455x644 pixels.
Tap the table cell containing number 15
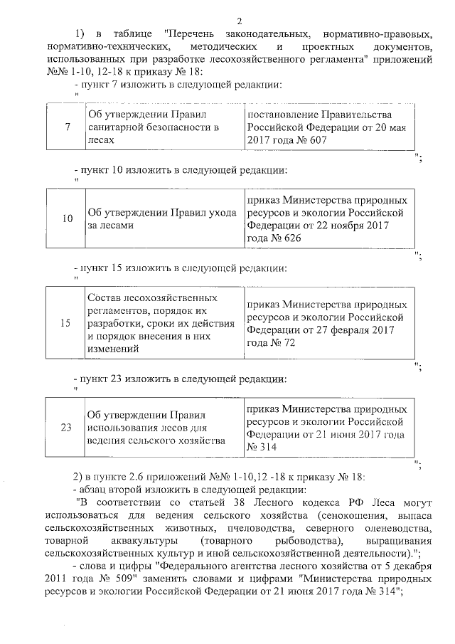[66, 322]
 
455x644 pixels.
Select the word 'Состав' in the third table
[105, 297]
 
